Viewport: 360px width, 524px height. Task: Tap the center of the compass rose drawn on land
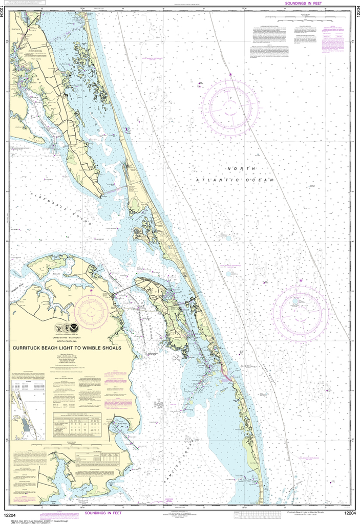pyautogui.click(x=91, y=312)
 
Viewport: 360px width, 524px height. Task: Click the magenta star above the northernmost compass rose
pyautogui.click(x=230, y=75)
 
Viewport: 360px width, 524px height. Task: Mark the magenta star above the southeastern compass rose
pyautogui.click(x=301, y=280)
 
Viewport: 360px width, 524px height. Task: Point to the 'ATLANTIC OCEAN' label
pyautogui.click(x=235, y=180)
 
